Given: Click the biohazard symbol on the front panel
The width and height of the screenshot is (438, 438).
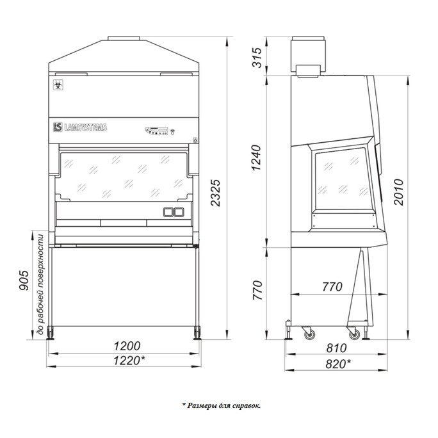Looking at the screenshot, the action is pos(58,85).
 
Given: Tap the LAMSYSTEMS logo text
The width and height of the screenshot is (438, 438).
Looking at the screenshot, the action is pos(85,127).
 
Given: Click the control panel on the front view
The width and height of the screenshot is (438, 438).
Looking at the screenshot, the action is pos(157,131).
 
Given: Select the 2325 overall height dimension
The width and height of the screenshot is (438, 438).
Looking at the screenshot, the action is pos(216,193).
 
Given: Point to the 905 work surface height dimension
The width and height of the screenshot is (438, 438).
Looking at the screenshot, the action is pos(24,280).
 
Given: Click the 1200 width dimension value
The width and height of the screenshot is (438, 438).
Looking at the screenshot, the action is pos(127,346).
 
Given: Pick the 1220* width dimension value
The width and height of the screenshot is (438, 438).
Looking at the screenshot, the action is pos(129,361).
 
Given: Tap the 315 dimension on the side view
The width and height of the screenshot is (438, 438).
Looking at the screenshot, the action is pos(257,58).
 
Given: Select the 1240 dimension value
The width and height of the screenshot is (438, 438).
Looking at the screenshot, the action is pos(257,158).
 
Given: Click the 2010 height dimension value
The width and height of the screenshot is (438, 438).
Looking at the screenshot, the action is pos(398,192).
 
